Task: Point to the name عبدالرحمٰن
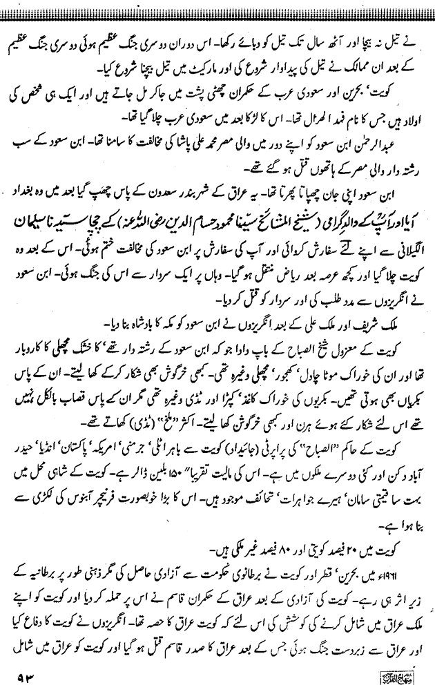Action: pos(400,143)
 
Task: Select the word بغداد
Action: pos(32,187)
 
